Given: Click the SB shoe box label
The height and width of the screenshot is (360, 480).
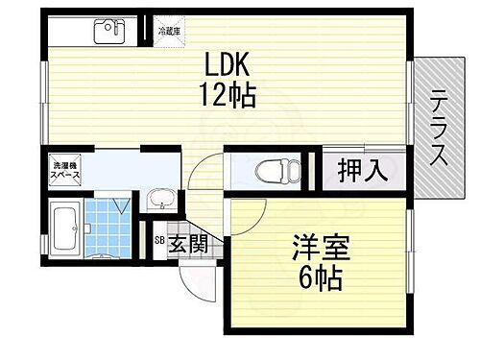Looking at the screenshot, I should pos(160,242).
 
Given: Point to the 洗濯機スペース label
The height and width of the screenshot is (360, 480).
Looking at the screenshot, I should pos(66,175).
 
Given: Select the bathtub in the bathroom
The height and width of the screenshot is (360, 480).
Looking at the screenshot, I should pos(65,232).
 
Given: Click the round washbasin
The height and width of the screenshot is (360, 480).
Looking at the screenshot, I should pos(160,200).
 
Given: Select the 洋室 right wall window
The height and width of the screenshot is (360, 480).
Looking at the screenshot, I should pos(409,245).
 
